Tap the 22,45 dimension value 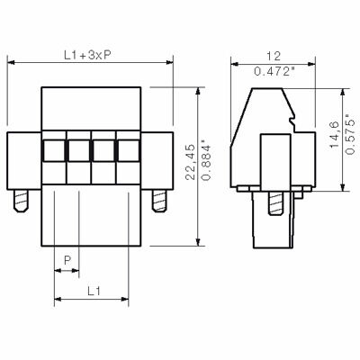pyautogui.click(x=190, y=162)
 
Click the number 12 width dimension pyautogui.click(x=274, y=56)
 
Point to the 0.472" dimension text pyautogui.click(x=274, y=72)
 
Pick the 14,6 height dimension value pyautogui.click(x=335, y=135)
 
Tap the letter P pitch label pyautogui.click(x=67, y=260)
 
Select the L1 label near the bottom pyautogui.click(x=94, y=291)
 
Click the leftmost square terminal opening pyautogui.click(x=54, y=150)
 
